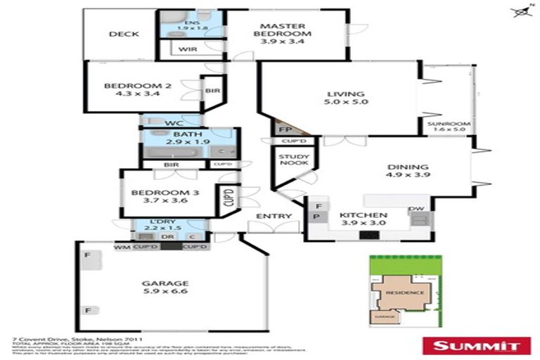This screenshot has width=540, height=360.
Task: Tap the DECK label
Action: [x=123, y=34]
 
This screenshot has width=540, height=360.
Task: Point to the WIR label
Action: [x=187, y=49]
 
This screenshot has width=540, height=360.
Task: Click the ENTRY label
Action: [x=269, y=216]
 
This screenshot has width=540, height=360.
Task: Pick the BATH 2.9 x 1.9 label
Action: [x=187, y=138]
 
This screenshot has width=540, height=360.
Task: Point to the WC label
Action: [x=173, y=124]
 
